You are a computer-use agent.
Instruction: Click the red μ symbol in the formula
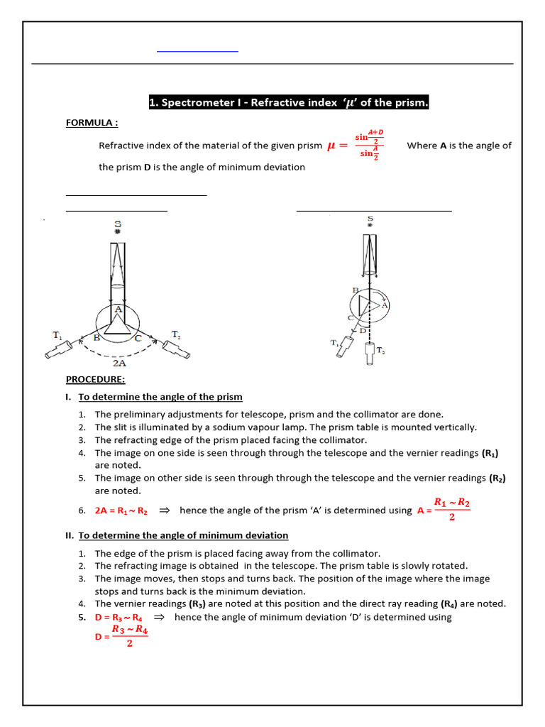click(x=331, y=146)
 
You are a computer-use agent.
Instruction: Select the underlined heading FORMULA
click(x=92, y=123)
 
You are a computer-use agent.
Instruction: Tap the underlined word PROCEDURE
click(x=95, y=379)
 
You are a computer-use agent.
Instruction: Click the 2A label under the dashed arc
click(x=119, y=361)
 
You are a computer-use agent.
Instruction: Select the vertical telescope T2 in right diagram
click(x=368, y=353)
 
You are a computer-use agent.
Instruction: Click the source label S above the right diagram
click(x=370, y=218)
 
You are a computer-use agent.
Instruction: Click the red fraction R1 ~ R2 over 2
click(x=452, y=509)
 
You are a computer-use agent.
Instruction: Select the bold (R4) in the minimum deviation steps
click(x=448, y=604)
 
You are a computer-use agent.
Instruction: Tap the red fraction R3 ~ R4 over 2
click(x=130, y=636)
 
